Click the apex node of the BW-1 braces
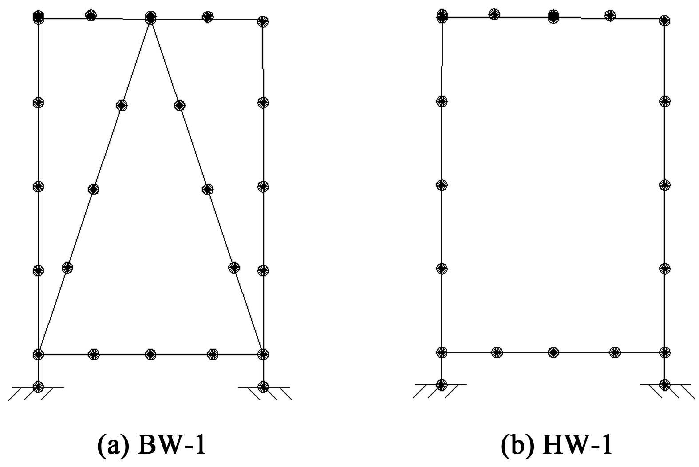click(x=151, y=18)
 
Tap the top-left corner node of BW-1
click(x=39, y=17)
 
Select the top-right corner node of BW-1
click(x=263, y=20)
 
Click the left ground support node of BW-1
click(x=39, y=386)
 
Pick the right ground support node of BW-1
click(x=263, y=386)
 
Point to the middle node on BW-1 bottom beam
click(x=151, y=354)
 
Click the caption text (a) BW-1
click(x=151, y=444)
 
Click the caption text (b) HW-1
click(x=557, y=444)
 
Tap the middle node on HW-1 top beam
click(x=553, y=16)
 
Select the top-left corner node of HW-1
click(x=442, y=16)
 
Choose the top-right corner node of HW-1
click(x=664, y=20)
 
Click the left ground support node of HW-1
click(x=441, y=384)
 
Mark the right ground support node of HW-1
click(x=664, y=384)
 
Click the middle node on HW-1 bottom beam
click(x=553, y=352)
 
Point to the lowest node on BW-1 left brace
click(x=67, y=268)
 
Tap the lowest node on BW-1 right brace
click(x=234, y=268)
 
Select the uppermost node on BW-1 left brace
click(x=121, y=105)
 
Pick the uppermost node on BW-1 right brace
click(x=179, y=105)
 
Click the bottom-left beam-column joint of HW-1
click(x=441, y=352)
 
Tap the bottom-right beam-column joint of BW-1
click(x=263, y=354)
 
